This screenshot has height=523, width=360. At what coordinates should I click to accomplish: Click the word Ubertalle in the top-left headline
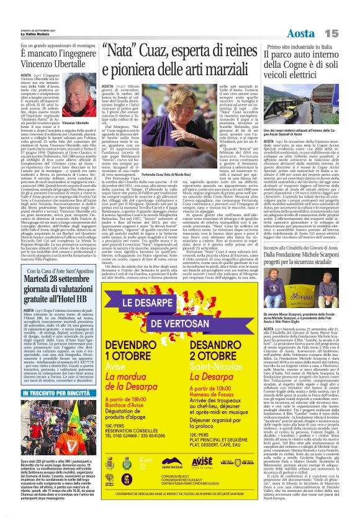(62, 63)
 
